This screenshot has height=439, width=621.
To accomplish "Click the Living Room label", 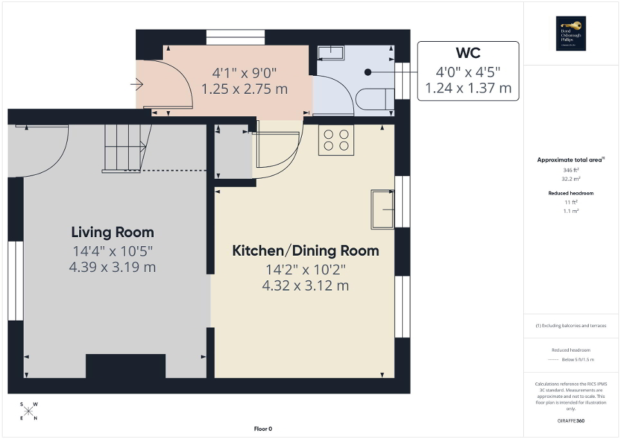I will click(113, 232).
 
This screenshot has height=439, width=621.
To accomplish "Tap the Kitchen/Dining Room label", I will click(305, 250).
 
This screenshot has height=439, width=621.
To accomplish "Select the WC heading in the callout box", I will click(468, 52).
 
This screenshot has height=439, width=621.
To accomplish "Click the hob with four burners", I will click(336, 140).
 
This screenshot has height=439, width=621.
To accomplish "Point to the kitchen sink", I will click(382, 210).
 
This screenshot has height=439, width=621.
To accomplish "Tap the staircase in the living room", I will click(125, 148).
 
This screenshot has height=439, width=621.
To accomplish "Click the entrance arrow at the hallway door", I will click(136, 84).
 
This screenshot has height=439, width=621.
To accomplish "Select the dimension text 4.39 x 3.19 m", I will click(113, 267).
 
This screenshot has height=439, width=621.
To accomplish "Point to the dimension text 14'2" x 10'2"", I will click(305, 269).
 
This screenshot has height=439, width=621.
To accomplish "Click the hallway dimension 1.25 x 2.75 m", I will click(245, 89).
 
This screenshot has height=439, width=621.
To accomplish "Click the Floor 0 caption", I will click(263, 429).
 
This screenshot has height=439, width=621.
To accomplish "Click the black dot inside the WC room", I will click(367, 72).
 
